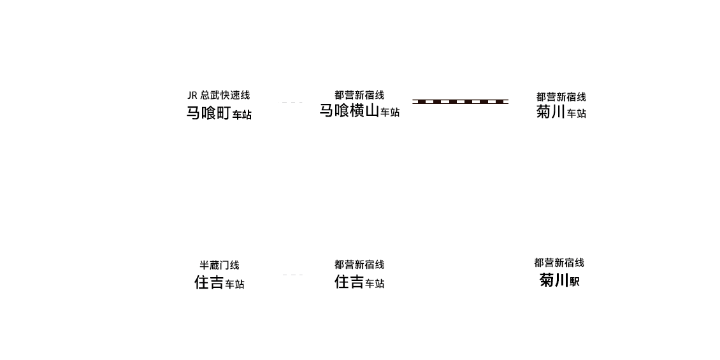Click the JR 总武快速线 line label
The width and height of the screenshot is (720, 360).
point(219,95)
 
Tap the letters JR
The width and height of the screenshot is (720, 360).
point(192,96)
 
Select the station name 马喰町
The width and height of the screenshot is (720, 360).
point(208,113)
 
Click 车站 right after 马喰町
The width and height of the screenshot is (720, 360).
point(241,114)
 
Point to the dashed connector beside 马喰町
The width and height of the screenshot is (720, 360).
point(290,102)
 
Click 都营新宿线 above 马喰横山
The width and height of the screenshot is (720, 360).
point(359,95)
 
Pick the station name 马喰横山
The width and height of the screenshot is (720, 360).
point(349,111)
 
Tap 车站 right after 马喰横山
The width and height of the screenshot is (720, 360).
point(390,112)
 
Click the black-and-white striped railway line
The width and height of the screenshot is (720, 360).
point(460,101)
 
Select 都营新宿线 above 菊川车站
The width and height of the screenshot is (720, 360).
point(561,97)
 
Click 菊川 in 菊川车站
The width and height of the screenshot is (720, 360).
point(551,112)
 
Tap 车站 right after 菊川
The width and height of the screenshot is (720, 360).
point(576,113)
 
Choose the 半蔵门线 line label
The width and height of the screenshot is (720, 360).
point(219,265)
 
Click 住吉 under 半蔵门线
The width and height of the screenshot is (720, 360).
point(208,282)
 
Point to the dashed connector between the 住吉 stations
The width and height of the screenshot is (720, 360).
point(292,275)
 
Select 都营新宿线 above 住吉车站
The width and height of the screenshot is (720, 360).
point(359,264)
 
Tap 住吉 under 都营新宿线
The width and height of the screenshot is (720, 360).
point(349,282)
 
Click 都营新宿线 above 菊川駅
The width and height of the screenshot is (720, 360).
point(559,263)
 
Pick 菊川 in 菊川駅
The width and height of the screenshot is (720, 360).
point(554,280)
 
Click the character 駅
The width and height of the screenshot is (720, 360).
point(575,282)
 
